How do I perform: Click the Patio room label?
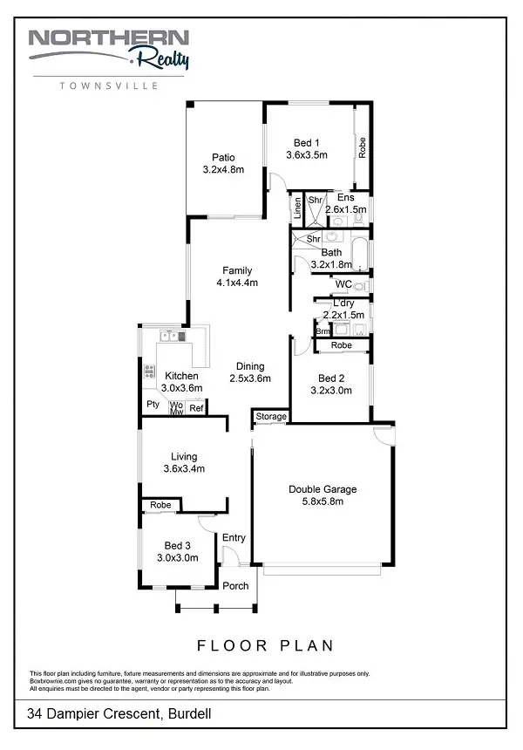click(223, 157)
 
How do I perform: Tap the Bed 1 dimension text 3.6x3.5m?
click(306, 155)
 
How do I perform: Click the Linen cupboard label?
click(297, 208)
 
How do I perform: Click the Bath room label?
click(331, 252)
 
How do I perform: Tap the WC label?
click(343, 284)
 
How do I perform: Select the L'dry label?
click(330, 302)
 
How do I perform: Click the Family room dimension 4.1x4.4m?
click(237, 283)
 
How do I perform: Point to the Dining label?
click(250, 366)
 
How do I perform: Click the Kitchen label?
click(181, 376)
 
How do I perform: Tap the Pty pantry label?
click(153, 405)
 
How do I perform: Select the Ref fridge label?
click(197, 407)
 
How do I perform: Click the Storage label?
click(271, 417)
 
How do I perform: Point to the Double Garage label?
click(323, 489)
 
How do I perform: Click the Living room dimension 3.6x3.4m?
click(184, 468)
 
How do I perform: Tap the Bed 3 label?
click(178, 545)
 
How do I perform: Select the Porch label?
click(235, 585)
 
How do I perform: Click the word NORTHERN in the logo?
click(108, 38)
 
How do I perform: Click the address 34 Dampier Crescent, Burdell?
click(119, 714)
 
